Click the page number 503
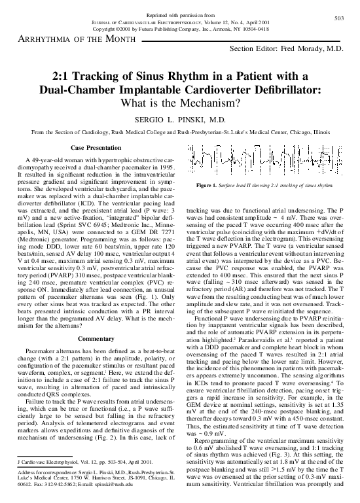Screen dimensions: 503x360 pyautogui.click(x=338, y=18)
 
